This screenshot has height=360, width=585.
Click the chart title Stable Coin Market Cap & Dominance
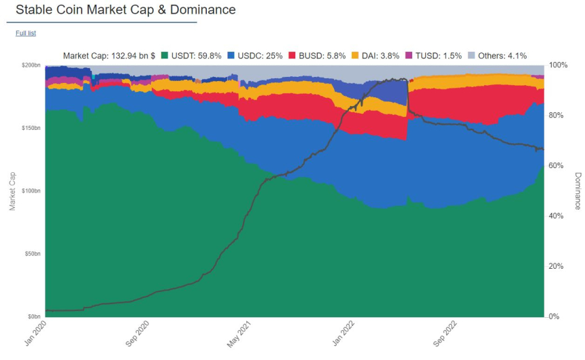click(126, 10)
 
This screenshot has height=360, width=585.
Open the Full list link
click(26, 33)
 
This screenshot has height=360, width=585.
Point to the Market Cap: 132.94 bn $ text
click(109, 56)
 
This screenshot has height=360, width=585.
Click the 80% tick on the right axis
click(557, 116)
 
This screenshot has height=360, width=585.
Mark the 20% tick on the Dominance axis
click(557, 267)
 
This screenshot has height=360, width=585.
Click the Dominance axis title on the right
click(578, 191)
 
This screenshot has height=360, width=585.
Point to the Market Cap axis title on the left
click(12, 191)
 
